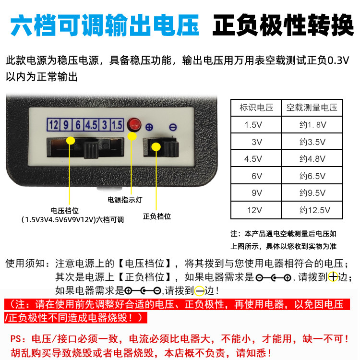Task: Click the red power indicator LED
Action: [134, 125]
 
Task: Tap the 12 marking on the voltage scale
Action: [53, 125]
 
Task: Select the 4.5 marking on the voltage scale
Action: [91, 125]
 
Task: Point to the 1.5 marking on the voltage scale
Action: [117, 125]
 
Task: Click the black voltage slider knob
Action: [91, 150]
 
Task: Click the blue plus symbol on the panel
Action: [149, 127]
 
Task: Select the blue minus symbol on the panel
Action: [173, 127]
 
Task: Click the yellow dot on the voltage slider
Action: [71, 141]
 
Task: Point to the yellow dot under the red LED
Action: [132, 136]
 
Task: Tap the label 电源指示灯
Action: [125, 200]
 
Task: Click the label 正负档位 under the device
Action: [157, 216]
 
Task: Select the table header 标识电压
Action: [256, 108]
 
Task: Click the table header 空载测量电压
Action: [312, 108]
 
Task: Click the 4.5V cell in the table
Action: [253, 159]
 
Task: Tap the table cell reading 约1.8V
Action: [312, 125]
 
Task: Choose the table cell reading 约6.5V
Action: [312, 176]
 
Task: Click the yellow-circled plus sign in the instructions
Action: [333, 276]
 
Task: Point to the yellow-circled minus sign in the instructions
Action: [199, 291]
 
